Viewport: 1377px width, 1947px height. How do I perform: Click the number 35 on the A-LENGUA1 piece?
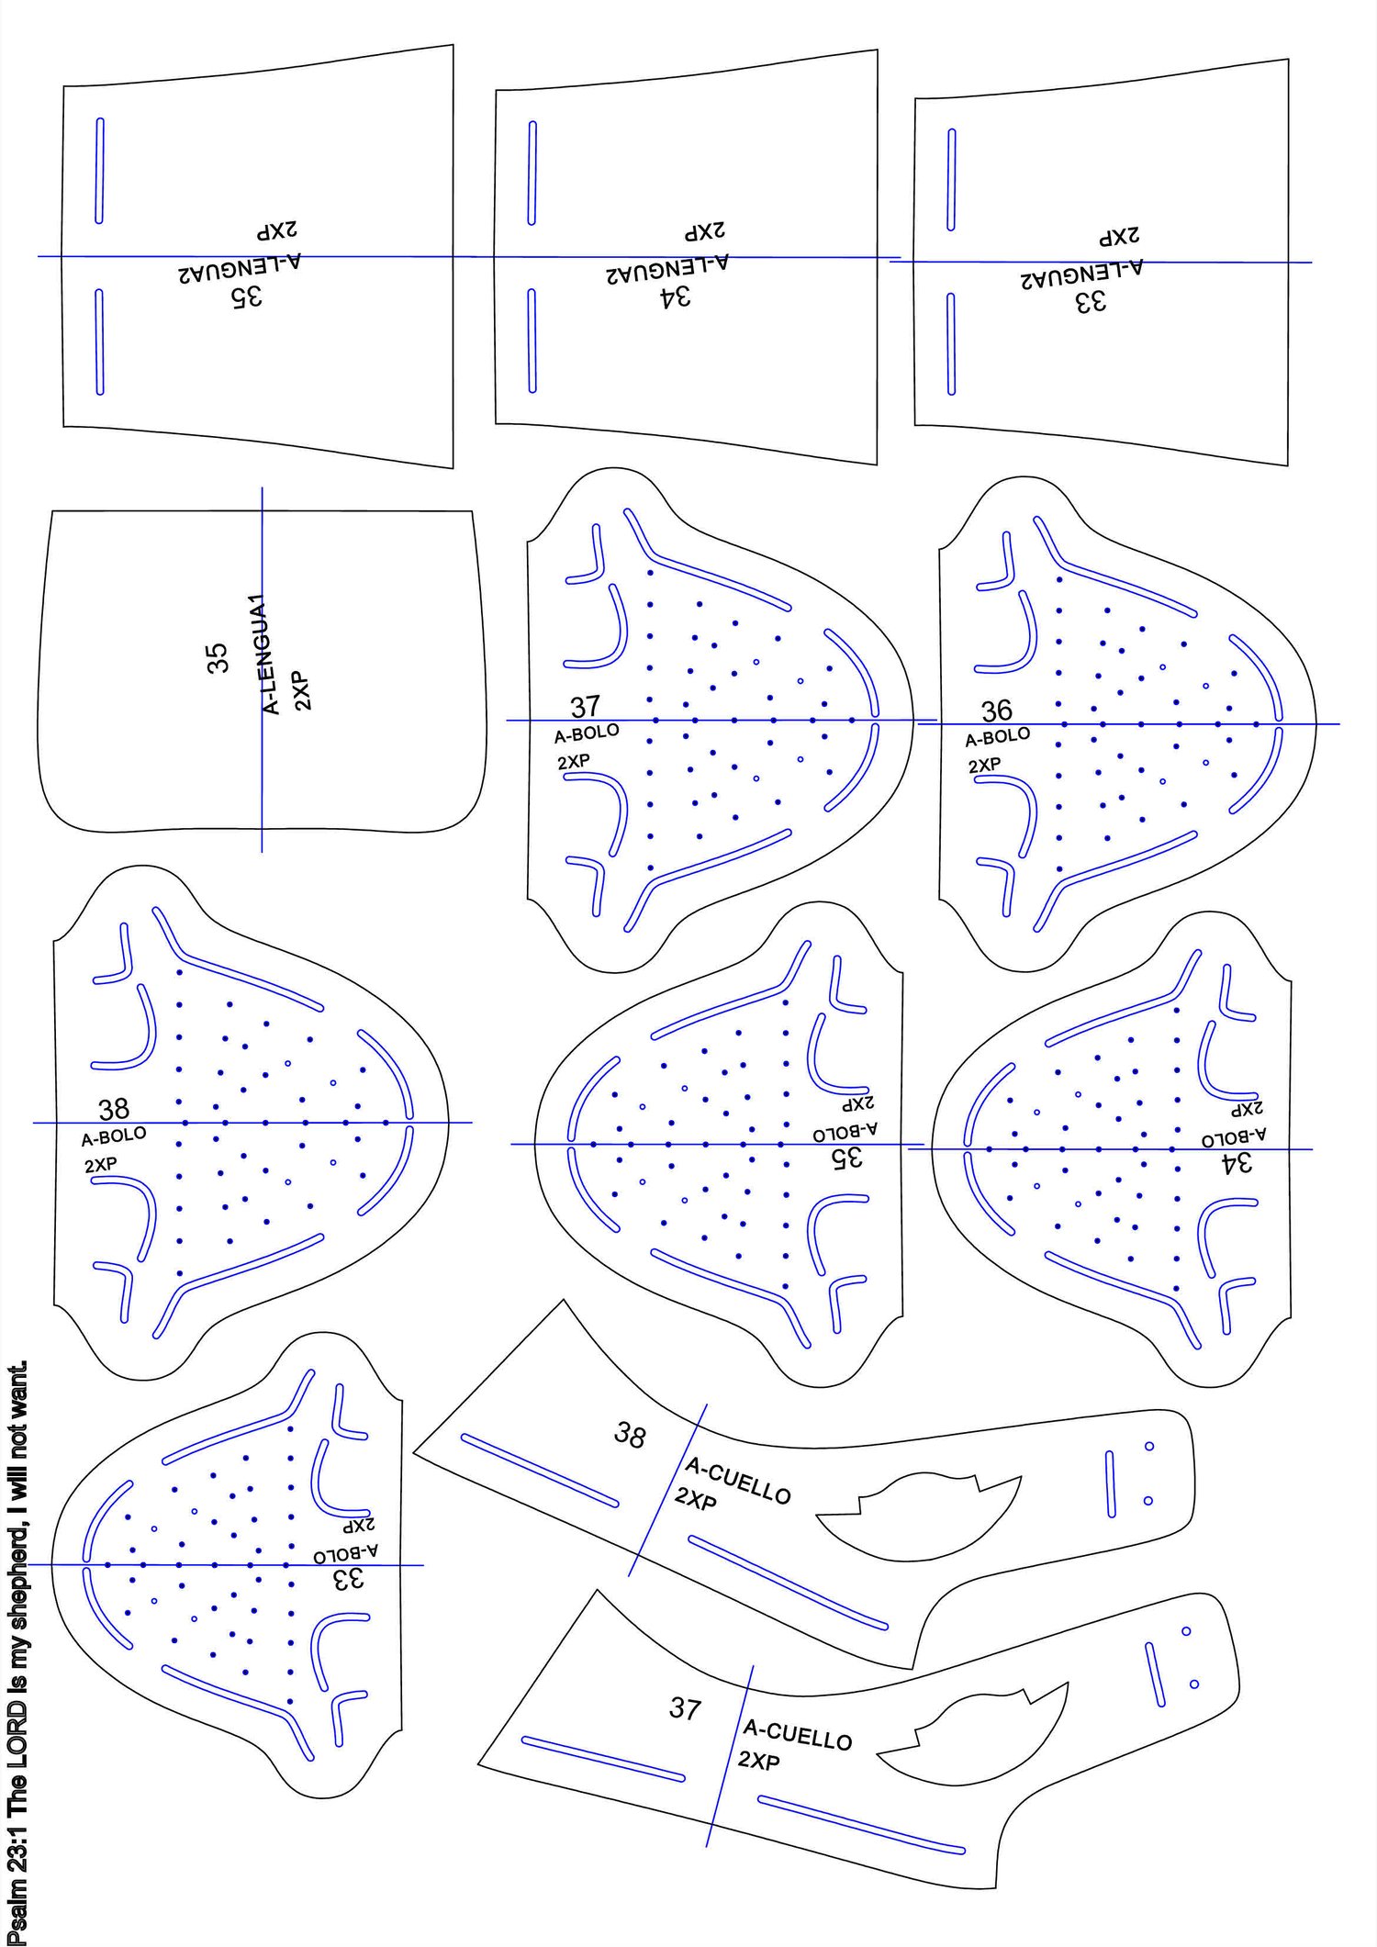click(217, 657)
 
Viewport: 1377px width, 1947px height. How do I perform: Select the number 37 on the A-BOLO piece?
click(586, 706)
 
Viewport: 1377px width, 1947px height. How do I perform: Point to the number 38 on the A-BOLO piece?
click(114, 1109)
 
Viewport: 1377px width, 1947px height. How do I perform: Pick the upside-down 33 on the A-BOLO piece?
click(350, 1578)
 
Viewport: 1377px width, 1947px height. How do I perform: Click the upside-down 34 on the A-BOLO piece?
click(1237, 1163)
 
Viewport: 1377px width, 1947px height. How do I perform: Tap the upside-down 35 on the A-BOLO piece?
click(847, 1158)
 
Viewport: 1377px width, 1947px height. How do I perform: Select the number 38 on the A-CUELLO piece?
click(630, 1435)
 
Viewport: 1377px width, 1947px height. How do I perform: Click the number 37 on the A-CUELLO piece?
click(685, 1707)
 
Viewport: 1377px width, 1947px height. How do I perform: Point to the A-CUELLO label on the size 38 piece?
click(738, 1482)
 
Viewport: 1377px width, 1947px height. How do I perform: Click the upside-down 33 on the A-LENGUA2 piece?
click(1091, 301)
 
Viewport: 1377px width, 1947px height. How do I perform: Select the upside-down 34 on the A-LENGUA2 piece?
click(675, 297)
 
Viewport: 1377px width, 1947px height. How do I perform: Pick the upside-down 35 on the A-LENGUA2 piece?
click(246, 296)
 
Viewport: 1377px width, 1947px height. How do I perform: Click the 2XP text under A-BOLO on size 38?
click(100, 1165)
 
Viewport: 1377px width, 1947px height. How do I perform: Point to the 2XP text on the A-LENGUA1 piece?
click(302, 691)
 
